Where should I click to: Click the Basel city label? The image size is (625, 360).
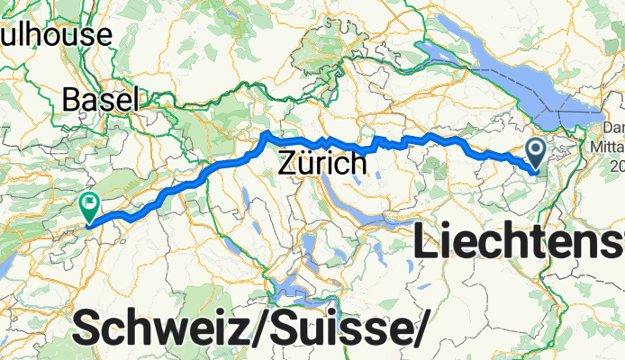pos(101,99)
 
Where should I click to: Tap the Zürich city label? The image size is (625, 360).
pos(322,164)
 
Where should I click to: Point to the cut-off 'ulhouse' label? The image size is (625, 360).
pos(56,35)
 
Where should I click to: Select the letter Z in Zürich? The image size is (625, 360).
pos(287,164)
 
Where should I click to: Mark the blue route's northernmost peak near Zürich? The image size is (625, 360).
pos(267,135)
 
